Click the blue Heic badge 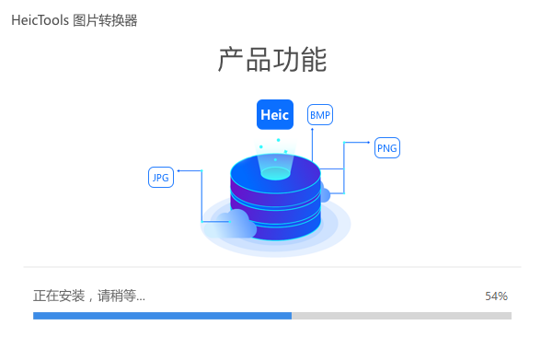click(274, 115)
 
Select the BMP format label click(320, 115)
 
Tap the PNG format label click(387, 148)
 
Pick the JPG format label click(161, 178)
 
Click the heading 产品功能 click(272, 60)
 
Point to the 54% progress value click(496, 296)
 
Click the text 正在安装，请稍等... click(88, 296)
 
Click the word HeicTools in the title click(40, 20)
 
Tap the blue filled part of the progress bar click(162, 315)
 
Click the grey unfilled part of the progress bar click(401, 315)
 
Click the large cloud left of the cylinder click(238, 225)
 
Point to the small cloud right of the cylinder click(323, 194)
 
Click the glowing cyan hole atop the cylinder click(275, 171)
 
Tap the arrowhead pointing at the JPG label click(178, 170)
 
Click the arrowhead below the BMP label click(312, 130)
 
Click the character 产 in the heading click(230, 60)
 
